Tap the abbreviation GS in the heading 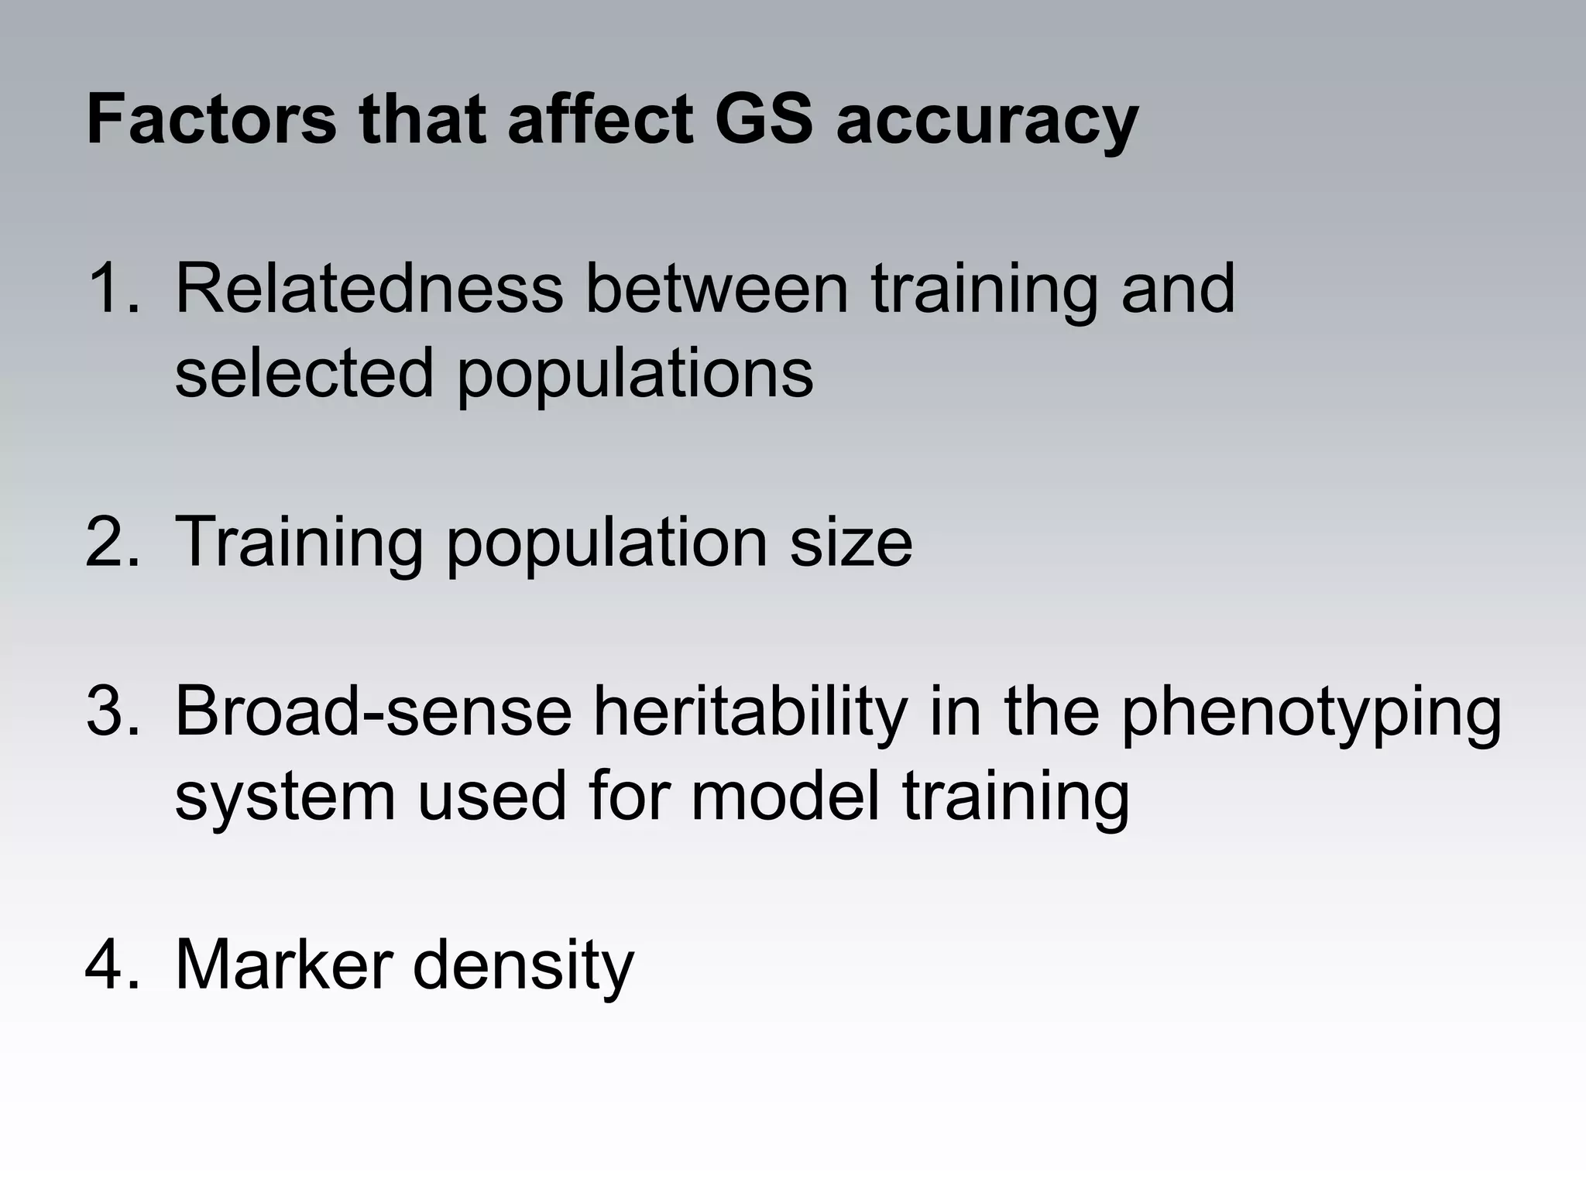click(764, 120)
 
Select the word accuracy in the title click(987, 124)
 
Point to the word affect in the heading click(600, 120)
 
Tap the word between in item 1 click(716, 289)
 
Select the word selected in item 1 click(304, 373)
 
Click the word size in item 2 click(851, 542)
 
